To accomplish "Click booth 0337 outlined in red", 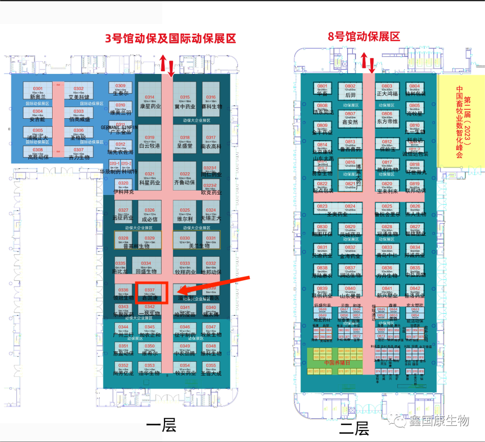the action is pyautogui.click(x=151, y=293).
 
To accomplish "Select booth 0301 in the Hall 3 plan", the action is pyautogui.click(x=38, y=91).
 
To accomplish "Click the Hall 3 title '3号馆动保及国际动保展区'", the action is pyautogui.click(x=170, y=38).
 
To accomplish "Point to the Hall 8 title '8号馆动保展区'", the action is pyautogui.click(x=364, y=36).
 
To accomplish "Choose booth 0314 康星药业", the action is pyautogui.click(x=150, y=100).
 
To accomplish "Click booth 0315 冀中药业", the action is pyautogui.click(x=185, y=100).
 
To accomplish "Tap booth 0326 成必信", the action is pyautogui.click(x=150, y=213).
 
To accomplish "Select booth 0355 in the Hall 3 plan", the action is pyautogui.click(x=211, y=368).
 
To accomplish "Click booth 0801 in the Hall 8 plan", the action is pyautogui.click(x=322, y=90).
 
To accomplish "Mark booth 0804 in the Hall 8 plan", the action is pyautogui.click(x=414, y=90).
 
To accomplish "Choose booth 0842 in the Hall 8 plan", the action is pyautogui.click(x=415, y=291).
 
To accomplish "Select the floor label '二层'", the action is pyautogui.click(x=354, y=429).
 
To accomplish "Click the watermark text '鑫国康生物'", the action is pyautogui.click(x=439, y=420).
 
